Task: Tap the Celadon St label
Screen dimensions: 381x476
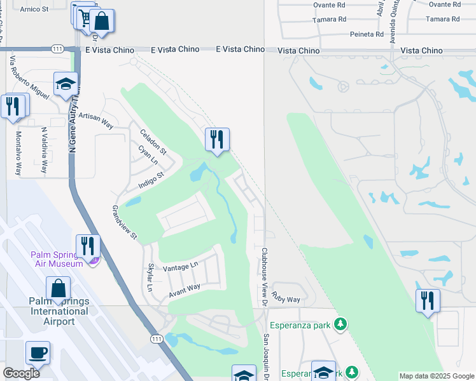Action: point(153,142)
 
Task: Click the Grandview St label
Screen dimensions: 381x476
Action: point(125,222)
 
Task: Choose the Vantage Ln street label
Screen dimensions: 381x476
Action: point(181,267)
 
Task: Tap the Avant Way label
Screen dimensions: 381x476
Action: point(185,291)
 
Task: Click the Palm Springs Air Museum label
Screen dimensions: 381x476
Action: point(57,259)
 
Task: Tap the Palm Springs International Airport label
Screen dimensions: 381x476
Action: point(59,311)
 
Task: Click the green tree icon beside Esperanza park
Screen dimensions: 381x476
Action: point(341,325)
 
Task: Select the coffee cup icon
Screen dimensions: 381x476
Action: point(38,352)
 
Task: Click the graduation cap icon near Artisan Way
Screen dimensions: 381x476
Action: point(66,84)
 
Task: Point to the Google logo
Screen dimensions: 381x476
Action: point(21,373)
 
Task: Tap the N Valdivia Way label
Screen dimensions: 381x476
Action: point(44,150)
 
